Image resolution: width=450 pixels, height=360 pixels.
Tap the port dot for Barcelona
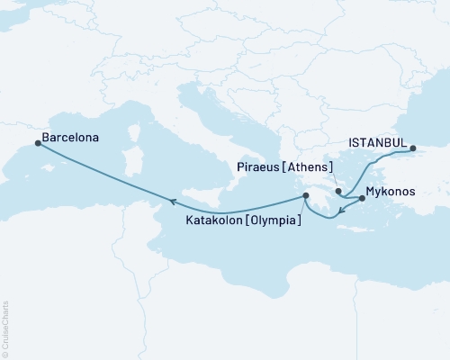[x=37, y=141]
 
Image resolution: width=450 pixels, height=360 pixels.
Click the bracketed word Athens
[x=310, y=167]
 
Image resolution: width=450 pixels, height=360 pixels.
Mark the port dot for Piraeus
[x=338, y=191]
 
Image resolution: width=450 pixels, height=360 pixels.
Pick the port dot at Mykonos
[x=361, y=197]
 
